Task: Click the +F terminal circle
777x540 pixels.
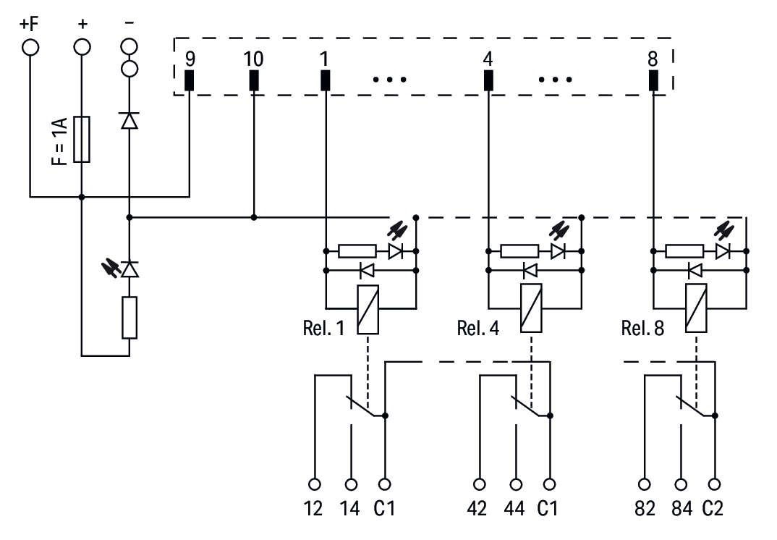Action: click(x=30, y=48)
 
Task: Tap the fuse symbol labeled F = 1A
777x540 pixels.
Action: click(x=82, y=139)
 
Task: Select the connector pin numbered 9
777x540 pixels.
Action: click(x=190, y=80)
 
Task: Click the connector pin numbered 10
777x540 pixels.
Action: click(x=254, y=80)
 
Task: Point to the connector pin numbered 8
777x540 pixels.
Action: click(x=653, y=80)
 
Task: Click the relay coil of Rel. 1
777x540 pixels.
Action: click(x=368, y=309)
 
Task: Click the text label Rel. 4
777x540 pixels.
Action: click(x=477, y=328)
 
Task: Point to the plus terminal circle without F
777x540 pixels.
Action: click(x=82, y=48)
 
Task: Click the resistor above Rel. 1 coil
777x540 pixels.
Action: click(x=357, y=251)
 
